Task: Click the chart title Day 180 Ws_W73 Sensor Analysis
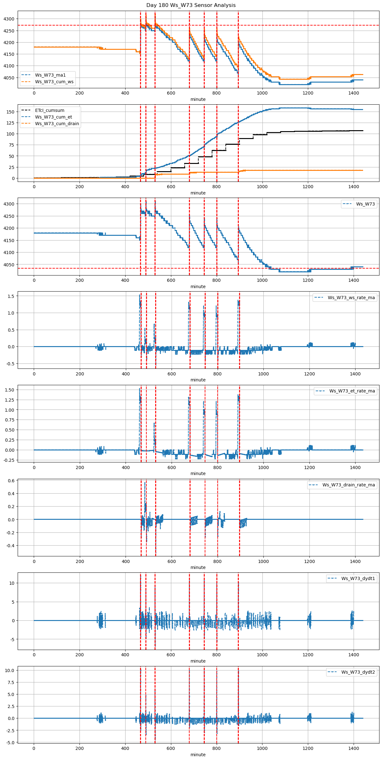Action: (x=191, y=5)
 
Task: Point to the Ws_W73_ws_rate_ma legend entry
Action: (x=351, y=298)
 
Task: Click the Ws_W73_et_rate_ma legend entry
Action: (x=352, y=391)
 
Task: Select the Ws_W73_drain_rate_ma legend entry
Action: (x=349, y=485)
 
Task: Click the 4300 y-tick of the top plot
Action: (x=9, y=19)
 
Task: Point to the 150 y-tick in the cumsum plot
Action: (x=10, y=112)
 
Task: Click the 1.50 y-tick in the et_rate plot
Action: (x=10, y=390)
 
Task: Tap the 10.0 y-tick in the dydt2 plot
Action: (x=9, y=670)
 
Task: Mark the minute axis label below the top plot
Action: (x=198, y=99)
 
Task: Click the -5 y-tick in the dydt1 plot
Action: (x=12, y=639)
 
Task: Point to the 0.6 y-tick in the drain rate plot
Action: (x=11, y=481)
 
